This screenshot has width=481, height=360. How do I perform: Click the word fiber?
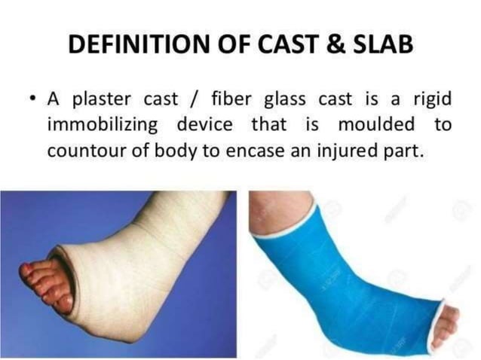[225, 98]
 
